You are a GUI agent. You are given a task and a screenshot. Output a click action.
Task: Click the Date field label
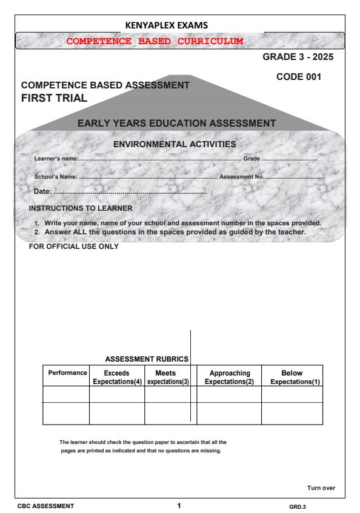tap(42, 191)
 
